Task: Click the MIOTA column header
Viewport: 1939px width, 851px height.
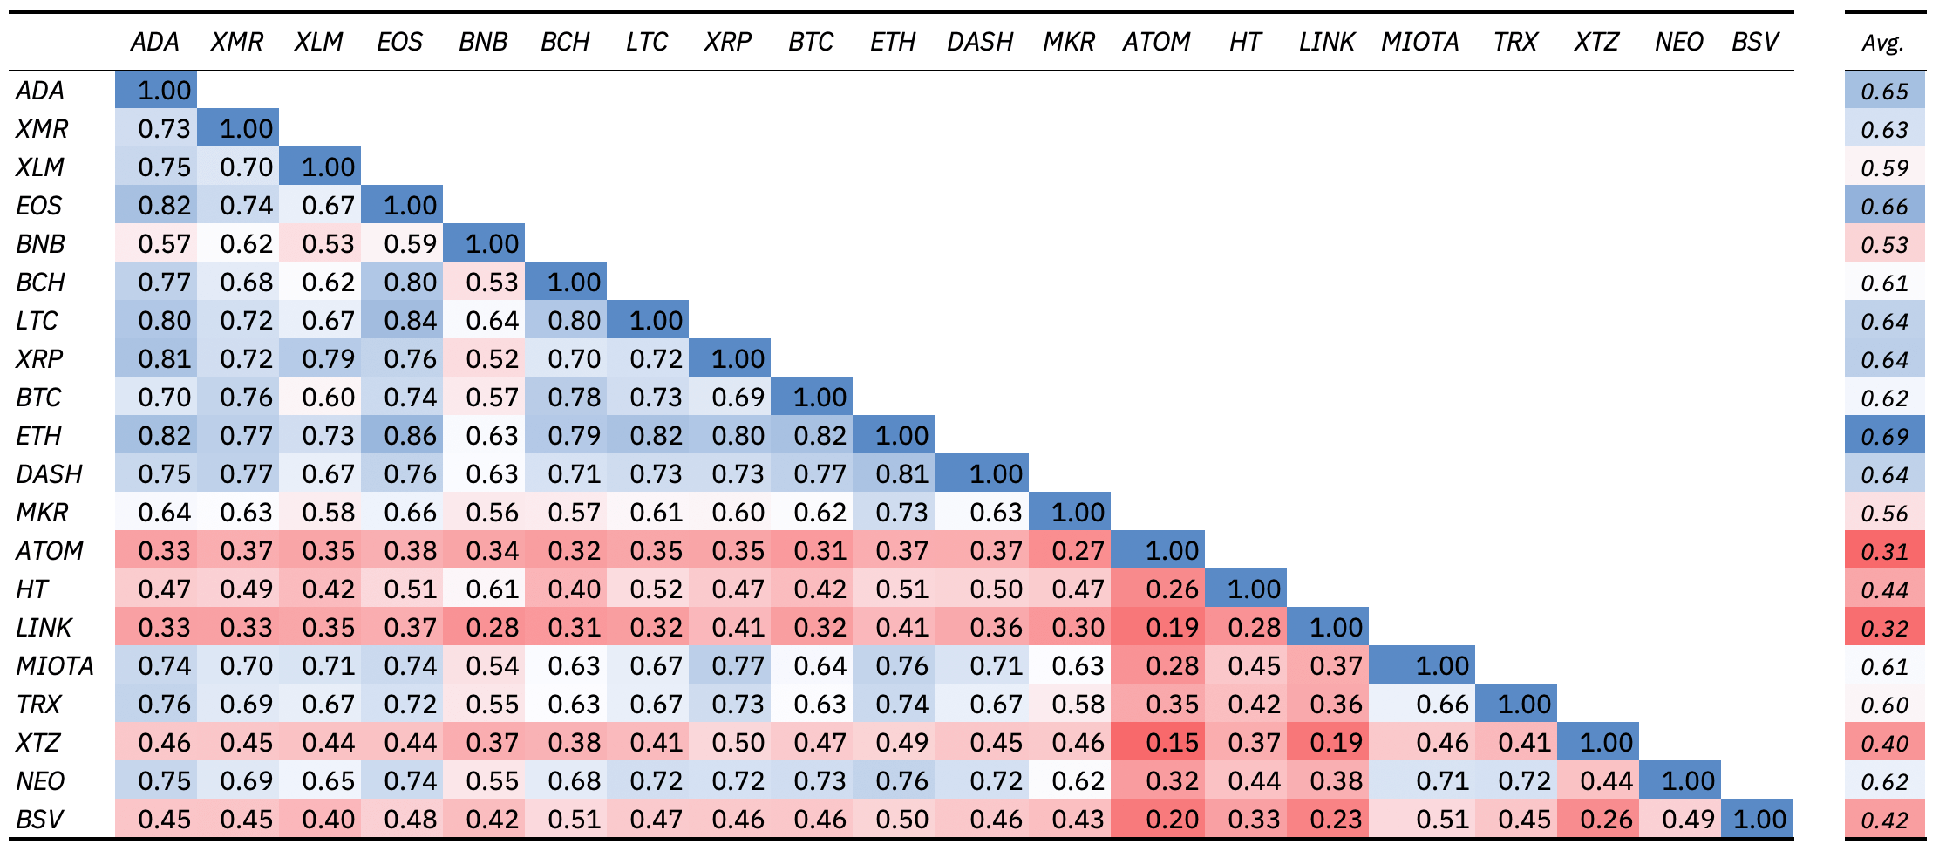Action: (1419, 42)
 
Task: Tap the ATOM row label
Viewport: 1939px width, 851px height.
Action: (50, 551)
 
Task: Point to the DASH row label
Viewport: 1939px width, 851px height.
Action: (50, 474)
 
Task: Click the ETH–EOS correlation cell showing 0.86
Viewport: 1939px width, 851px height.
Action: (410, 436)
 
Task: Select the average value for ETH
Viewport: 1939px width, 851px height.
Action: (1884, 437)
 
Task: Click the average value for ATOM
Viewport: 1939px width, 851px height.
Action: (1884, 552)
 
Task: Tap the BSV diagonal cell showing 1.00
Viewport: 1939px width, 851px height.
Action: (1759, 820)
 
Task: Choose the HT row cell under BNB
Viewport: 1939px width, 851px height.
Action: (492, 589)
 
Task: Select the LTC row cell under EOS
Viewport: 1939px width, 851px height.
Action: (410, 321)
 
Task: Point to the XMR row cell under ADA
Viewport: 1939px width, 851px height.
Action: (164, 129)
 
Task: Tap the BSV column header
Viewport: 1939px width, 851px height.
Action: (1754, 42)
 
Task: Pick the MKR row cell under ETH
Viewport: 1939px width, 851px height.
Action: (901, 513)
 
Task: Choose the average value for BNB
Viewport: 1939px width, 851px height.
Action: (1884, 245)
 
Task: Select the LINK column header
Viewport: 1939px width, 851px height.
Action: (1326, 42)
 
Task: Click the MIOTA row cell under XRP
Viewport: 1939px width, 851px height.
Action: (738, 666)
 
